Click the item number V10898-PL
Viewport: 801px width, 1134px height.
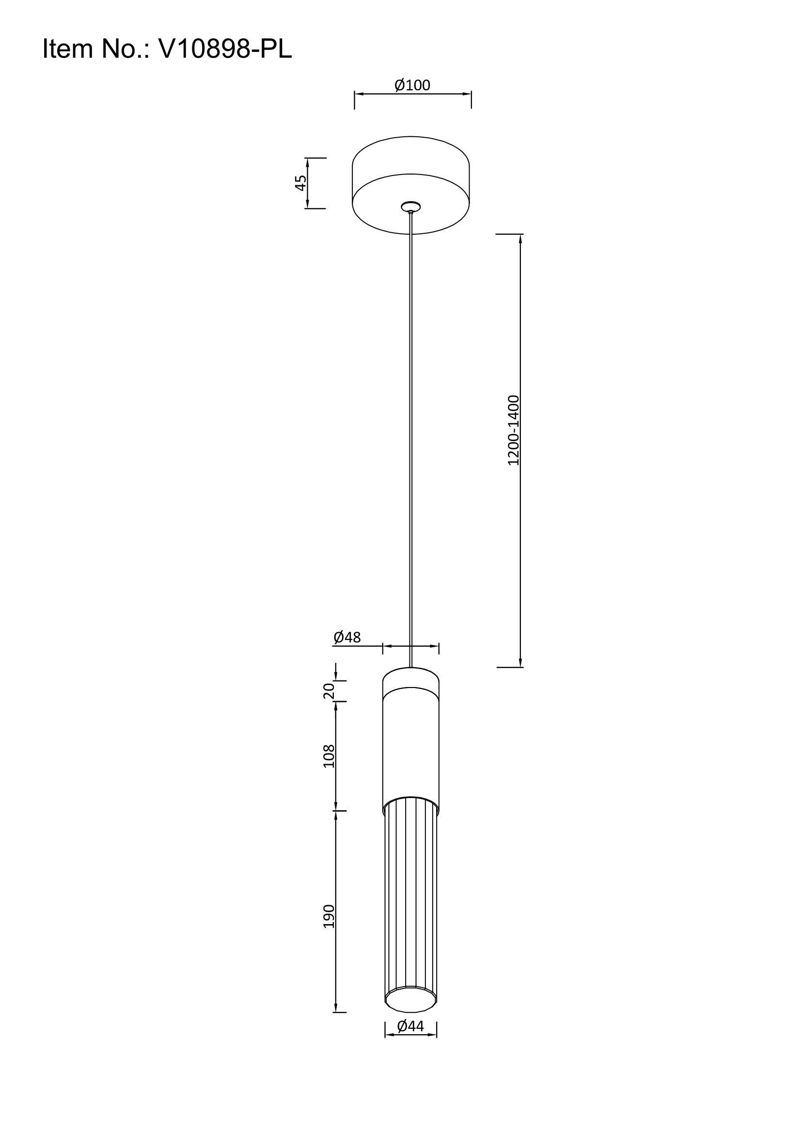225,49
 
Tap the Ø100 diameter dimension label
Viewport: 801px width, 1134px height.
412,85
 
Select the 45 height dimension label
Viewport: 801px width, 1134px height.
300,183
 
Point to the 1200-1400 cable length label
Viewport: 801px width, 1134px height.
514,430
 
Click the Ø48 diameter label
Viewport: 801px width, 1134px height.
347,637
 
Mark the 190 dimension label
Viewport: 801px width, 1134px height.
329,916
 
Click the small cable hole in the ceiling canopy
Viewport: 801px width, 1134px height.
410,207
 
